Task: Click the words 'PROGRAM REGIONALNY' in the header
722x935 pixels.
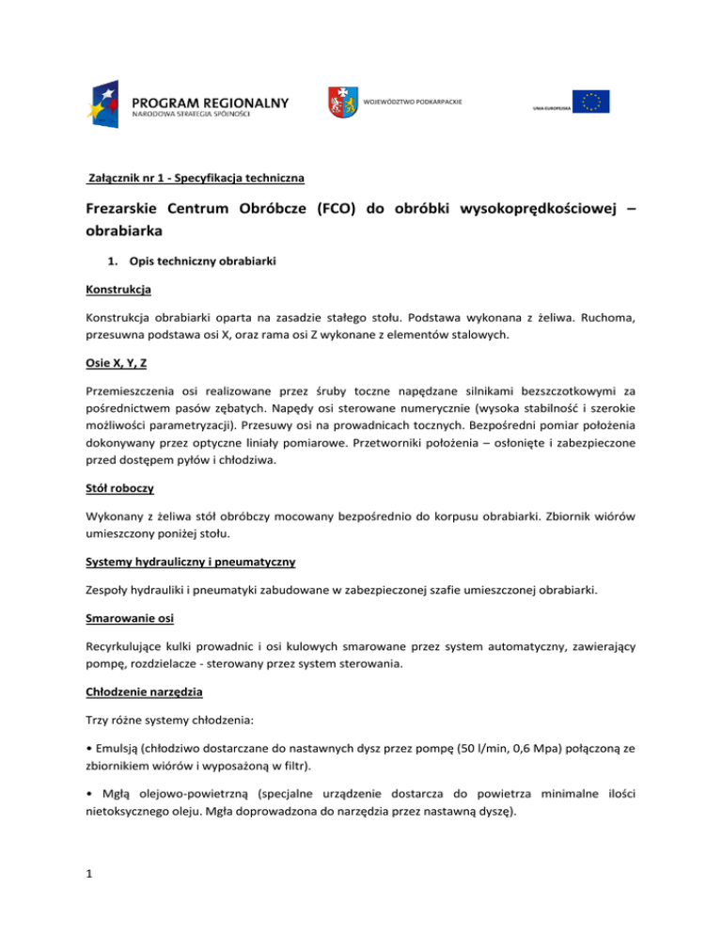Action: [211, 101]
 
